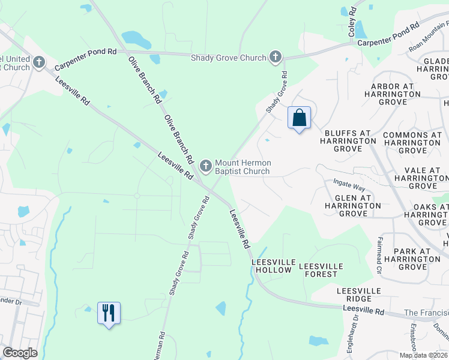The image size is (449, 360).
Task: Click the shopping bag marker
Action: tap(299, 118)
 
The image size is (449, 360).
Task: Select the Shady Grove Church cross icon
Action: tap(276, 57)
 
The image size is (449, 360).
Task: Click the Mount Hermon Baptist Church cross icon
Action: tap(206, 166)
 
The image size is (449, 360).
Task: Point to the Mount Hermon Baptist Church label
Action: tap(243, 167)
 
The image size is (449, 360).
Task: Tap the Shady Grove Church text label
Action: tap(228, 58)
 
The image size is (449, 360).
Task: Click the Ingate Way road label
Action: tap(349, 184)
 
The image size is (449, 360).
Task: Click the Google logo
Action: tap(20, 353)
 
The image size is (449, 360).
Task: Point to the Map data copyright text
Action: tap(424, 355)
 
